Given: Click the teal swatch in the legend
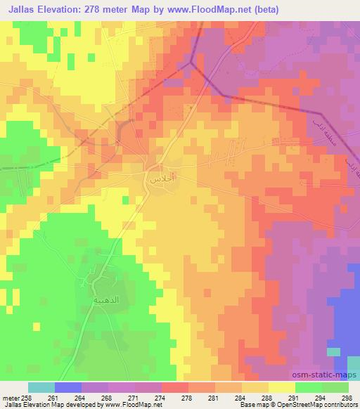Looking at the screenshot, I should point(41,387).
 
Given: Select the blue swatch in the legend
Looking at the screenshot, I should point(68,387).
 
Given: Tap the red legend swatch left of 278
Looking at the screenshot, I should point(174,387).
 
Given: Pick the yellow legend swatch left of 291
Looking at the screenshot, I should point(281,387).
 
